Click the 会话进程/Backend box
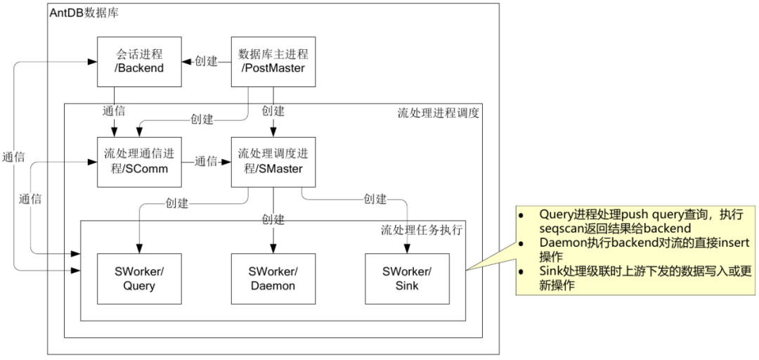138,61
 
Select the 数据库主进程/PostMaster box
273,61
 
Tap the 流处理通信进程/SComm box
138,162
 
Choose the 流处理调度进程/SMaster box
273,162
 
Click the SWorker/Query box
138,278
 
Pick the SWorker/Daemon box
273,278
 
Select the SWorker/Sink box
407,278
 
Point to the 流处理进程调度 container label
439,113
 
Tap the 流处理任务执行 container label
422,230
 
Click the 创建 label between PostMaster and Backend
206,62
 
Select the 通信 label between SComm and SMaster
206,162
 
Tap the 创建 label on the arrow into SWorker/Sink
375,199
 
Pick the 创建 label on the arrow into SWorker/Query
177,204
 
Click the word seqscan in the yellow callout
561,229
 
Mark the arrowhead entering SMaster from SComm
227,162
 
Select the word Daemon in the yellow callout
561,243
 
